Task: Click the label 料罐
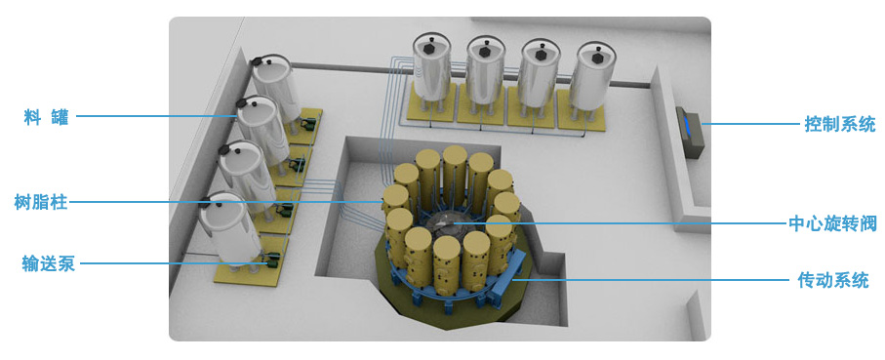coord(46,118)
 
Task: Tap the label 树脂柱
coord(41,202)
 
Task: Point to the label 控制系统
coord(840,124)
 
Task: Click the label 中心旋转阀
coord(832,223)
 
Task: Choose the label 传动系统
coord(833,280)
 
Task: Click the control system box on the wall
coord(688,131)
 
